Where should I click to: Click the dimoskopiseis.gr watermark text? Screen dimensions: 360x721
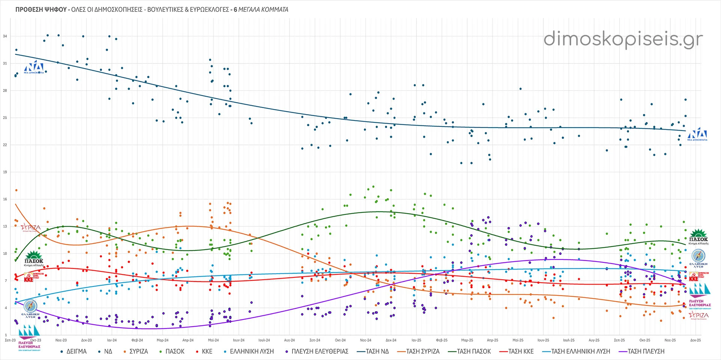coord(623,39)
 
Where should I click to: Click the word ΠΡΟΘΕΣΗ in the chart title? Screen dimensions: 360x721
coord(30,9)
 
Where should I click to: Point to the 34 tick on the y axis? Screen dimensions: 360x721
coord(5,36)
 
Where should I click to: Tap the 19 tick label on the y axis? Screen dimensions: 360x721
coord(5,172)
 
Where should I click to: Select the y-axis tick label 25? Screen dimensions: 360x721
coord(5,118)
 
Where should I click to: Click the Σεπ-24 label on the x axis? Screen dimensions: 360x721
coord(315,340)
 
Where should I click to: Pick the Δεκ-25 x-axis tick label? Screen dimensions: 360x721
coord(695,340)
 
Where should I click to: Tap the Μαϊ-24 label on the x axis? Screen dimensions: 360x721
coord(213,340)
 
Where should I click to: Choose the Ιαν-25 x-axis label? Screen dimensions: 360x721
coord(416,340)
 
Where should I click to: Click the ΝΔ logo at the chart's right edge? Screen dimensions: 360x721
coord(697,134)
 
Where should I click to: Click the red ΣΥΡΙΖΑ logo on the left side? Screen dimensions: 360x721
coord(31,227)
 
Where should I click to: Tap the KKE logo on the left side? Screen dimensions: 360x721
coord(29,278)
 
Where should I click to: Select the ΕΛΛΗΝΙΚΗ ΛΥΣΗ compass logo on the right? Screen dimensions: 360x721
coord(698,258)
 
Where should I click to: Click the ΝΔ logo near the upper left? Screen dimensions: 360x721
coord(34,67)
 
